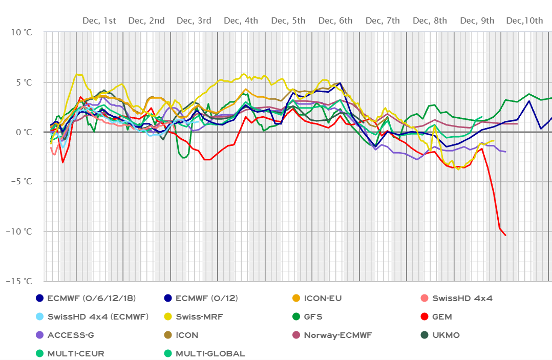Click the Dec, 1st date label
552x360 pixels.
(x=99, y=20)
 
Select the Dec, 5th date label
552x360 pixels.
(x=288, y=20)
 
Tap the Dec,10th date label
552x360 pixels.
(x=524, y=20)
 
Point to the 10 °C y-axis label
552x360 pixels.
(x=21, y=32)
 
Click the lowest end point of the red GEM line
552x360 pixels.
(x=506, y=236)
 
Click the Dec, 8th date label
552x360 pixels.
(x=430, y=20)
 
